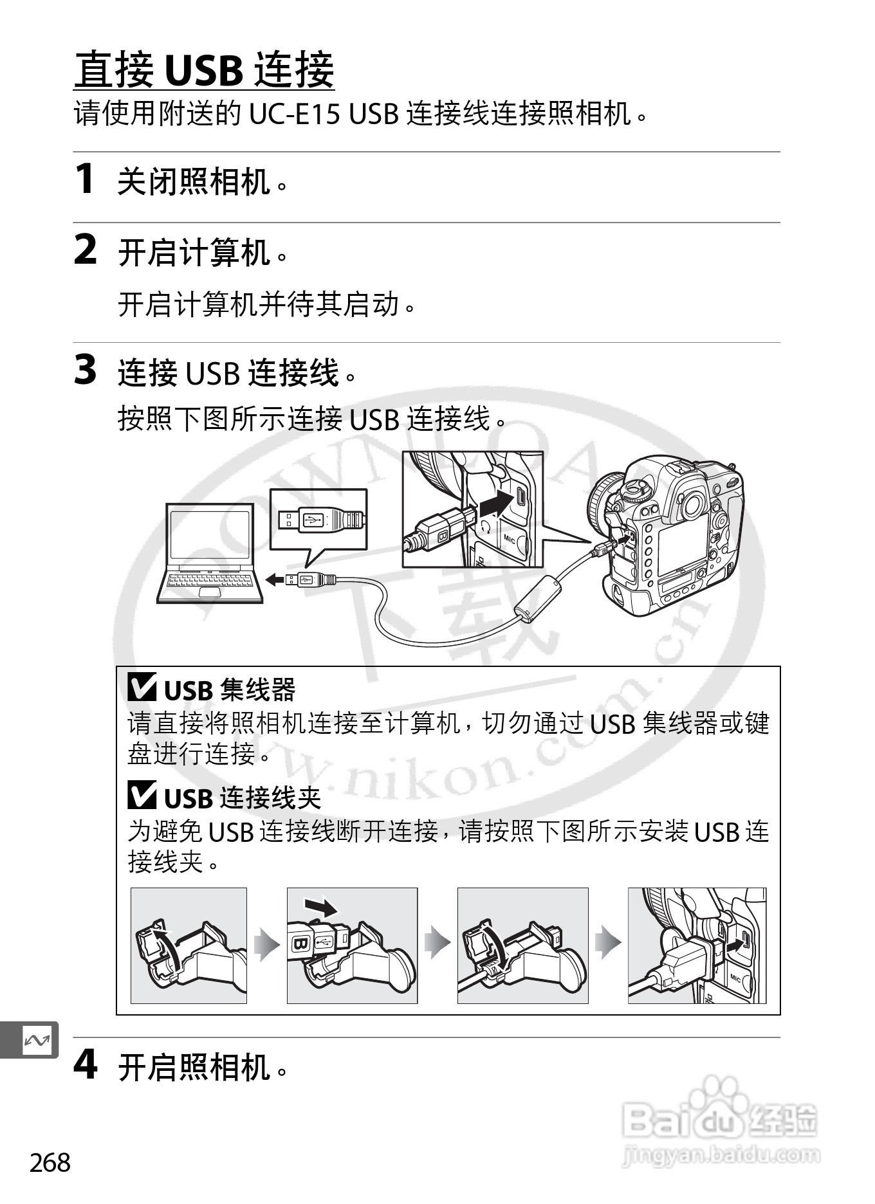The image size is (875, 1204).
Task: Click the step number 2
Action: pos(86,250)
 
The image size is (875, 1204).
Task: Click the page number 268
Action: pos(50,1163)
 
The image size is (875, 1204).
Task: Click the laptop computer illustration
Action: pos(210,553)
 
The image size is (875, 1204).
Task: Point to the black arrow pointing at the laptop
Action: pos(275,580)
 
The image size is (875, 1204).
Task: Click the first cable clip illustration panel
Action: pos(189,945)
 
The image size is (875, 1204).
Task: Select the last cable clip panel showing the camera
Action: pos(697,945)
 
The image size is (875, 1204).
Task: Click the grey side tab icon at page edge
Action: pos(35,1040)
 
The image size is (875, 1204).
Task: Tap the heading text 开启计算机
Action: pos(194,251)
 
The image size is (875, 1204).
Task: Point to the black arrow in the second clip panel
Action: pos(321,908)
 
